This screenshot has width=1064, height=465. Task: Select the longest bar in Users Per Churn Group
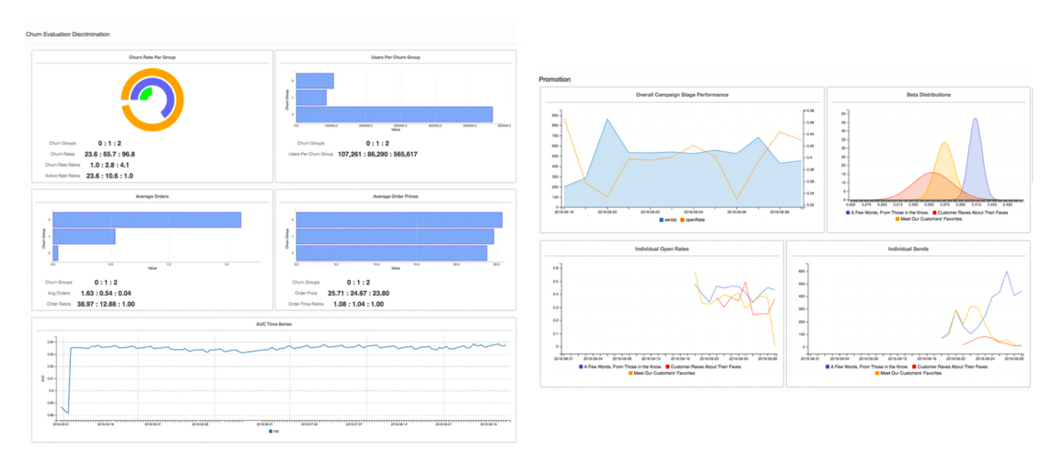click(x=394, y=114)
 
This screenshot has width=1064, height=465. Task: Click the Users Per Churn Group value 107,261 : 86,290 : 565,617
click(x=377, y=154)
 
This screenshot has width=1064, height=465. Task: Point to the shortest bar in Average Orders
click(x=55, y=252)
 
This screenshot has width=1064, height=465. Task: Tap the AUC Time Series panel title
click(x=273, y=324)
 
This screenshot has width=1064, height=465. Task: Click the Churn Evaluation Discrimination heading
click(x=68, y=34)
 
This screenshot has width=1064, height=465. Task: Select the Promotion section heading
click(x=555, y=79)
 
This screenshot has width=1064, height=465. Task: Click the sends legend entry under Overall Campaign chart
click(x=668, y=220)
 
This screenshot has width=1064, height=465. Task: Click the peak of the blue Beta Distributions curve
click(x=976, y=119)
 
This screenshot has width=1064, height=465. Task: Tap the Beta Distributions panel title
click(x=928, y=95)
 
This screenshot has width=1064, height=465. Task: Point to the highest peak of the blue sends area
click(x=607, y=119)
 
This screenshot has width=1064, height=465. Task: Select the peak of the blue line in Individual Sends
click(x=1007, y=272)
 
